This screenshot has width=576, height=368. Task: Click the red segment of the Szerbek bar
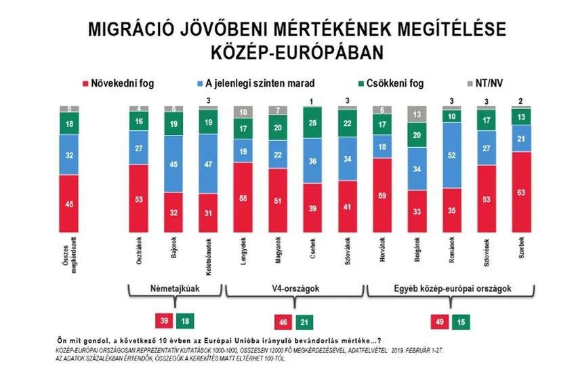click(x=521, y=192)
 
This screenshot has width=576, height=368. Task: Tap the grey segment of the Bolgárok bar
click(x=416, y=115)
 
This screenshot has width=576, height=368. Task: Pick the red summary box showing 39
click(x=163, y=319)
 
